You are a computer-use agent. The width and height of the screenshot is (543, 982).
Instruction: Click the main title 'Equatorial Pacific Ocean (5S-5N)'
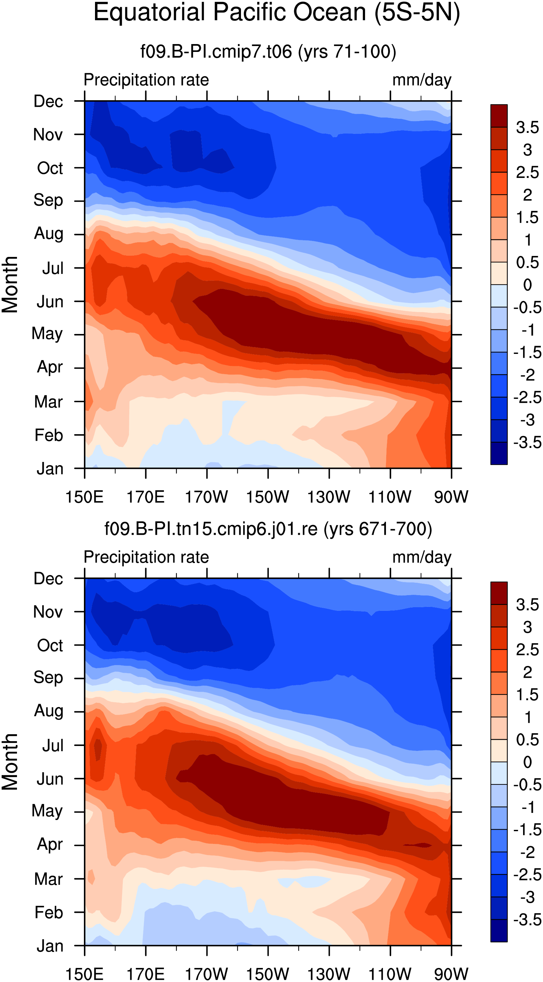[x=277, y=13]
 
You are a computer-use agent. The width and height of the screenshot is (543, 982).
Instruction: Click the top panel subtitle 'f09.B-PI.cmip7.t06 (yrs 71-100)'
[x=268, y=52]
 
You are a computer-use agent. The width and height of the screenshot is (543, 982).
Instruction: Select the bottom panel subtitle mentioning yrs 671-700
[x=268, y=529]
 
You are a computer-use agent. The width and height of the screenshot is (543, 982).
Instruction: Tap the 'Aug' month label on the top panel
[x=48, y=234]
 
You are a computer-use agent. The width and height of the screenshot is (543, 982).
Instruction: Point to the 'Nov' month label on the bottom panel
[x=48, y=612]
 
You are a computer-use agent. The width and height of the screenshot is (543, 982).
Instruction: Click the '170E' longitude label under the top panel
[x=145, y=497]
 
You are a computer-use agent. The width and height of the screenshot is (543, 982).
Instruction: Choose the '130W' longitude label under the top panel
[x=329, y=497]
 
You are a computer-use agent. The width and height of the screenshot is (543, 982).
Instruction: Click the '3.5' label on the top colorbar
[x=527, y=127]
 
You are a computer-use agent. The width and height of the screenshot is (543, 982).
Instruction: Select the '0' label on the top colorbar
[x=527, y=285]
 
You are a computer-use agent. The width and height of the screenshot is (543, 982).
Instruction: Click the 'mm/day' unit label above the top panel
[x=422, y=80]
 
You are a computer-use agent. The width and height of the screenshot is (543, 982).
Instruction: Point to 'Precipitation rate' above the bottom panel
[x=146, y=557]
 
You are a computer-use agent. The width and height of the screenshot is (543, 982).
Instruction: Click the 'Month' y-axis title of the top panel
[x=10, y=284]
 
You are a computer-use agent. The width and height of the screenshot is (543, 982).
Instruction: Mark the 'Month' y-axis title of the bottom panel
[x=10, y=762]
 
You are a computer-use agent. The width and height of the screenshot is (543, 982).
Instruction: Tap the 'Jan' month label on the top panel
[x=50, y=468]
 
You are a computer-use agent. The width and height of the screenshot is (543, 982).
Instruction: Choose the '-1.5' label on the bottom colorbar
[x=527, y=830]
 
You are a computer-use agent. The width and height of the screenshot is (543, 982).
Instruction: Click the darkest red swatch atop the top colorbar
[x=499, y=116]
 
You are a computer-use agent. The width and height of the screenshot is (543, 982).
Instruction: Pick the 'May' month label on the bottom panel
[x=47, y=811]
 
